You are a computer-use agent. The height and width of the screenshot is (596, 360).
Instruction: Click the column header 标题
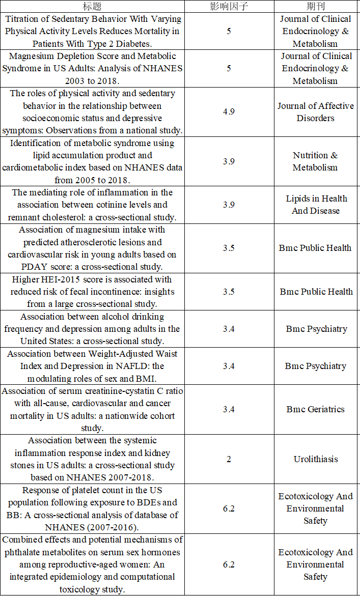(92, 7)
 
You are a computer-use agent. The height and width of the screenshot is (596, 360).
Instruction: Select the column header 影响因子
(229, 7)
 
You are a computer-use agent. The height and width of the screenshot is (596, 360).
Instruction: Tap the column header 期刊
(316, 7)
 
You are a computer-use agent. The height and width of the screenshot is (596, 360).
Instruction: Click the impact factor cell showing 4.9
(229, 112)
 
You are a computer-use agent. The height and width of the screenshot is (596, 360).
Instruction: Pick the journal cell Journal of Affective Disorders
(316, 112)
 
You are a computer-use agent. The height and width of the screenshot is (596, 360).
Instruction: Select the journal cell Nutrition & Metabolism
(315, 161)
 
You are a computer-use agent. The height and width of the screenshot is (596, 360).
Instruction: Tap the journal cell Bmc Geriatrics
(316, 409)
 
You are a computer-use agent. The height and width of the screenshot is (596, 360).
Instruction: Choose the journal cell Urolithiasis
(316, 459)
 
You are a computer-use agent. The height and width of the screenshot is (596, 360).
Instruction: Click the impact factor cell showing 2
(229, 459)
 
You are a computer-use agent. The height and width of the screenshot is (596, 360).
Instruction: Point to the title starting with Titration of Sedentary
(92, 31)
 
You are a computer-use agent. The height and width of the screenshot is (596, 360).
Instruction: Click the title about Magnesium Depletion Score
(92, 68)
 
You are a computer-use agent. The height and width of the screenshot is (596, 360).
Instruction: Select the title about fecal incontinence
(92, 292)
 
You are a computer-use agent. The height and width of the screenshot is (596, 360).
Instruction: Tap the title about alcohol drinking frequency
(92, 329)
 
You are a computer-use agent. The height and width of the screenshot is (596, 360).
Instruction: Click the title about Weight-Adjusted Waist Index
(92, 366)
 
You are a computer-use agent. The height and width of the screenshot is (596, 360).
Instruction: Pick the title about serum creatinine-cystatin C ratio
(92, 409)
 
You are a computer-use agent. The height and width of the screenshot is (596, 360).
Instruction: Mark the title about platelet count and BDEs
(92, 508)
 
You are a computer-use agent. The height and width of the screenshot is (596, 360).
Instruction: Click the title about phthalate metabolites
(92, 564)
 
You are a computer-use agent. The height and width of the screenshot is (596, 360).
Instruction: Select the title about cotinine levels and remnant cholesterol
(92, 205)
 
